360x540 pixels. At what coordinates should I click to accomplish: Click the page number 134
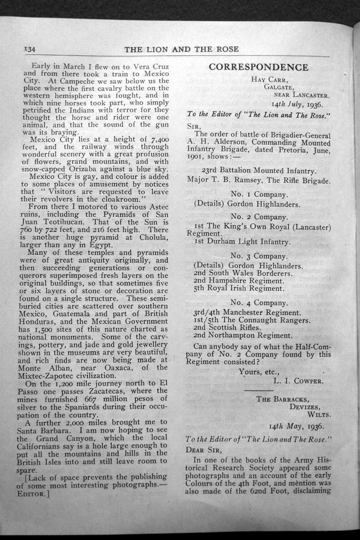(x=30, y=49)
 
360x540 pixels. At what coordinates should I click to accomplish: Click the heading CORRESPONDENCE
(x=258, y=67)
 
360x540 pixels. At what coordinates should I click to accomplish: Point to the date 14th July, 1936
(x=296, y=103)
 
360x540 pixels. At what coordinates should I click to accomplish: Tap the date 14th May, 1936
(x=296, y=427)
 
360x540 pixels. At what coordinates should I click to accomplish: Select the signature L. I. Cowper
(x=298, y=381)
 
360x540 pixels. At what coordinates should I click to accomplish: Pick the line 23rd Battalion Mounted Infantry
(x=258, y=170)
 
